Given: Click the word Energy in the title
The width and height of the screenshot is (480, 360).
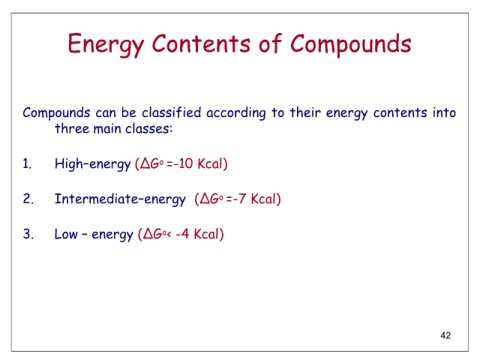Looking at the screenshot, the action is tap(106, 45).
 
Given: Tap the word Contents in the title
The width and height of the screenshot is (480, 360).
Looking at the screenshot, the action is tap(201, 43).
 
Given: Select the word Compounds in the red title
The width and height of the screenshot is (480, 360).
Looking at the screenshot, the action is tap(351, 45).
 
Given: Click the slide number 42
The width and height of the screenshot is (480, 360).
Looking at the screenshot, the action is tap(446, 335).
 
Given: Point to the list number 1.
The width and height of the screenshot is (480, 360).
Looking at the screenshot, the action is tap(27, 164).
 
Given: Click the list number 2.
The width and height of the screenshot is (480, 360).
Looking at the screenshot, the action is tap(28, 199).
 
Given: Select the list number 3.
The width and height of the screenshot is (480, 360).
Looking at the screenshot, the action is tap(28, 234).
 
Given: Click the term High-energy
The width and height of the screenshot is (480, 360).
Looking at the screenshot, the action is tap(93, 164).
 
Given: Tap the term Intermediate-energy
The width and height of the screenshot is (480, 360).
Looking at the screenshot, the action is tap(120, 199).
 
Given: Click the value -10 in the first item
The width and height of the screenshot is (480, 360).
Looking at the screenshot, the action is tap(182, 164).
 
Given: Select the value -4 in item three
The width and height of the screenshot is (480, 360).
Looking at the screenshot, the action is tap(182, 234).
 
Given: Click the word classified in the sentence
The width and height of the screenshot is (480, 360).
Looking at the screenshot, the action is tap(171, 113).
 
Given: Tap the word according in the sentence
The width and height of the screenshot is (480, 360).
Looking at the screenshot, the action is tap(236, 114).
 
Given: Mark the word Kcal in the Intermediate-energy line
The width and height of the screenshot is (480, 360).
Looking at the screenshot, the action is tap(263, 199).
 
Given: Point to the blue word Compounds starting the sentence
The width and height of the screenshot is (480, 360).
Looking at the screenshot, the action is tap(56, 113).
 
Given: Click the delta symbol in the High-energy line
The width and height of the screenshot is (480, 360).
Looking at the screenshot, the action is tap(145, 164).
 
